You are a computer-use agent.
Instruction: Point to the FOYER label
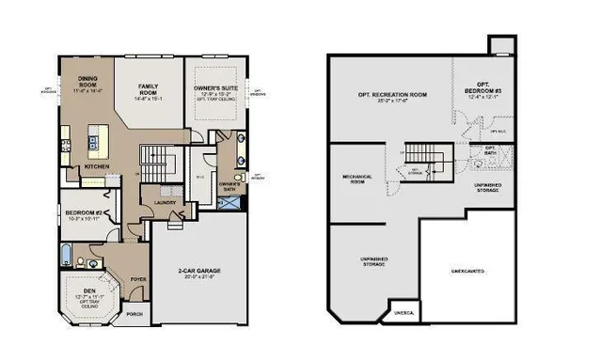(x=138, y=279)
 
